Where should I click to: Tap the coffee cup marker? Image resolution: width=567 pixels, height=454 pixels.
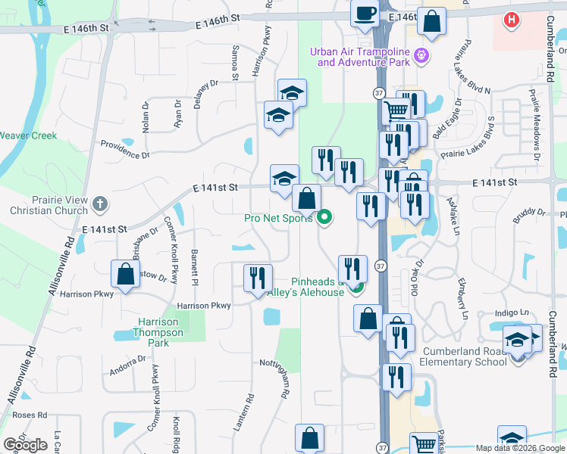coord(365,13)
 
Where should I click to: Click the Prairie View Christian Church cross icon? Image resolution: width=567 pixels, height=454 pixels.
coord(100,204)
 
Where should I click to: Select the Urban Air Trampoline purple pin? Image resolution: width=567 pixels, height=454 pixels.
coord(422,55)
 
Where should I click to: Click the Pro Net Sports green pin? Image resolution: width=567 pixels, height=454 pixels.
coord(325,218)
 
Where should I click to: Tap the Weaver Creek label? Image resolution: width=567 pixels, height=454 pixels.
coord(28,136)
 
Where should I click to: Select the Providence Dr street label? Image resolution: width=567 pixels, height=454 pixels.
coord(125,149)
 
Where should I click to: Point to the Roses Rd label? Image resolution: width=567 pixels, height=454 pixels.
coord(30,415)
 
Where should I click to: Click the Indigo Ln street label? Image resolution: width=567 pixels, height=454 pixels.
coord(512,313)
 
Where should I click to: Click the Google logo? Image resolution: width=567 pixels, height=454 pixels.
coord(26,445)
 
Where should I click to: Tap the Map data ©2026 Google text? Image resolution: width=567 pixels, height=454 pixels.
coord(520,448)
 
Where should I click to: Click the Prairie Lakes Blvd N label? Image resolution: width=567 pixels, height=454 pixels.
coord(460,76)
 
